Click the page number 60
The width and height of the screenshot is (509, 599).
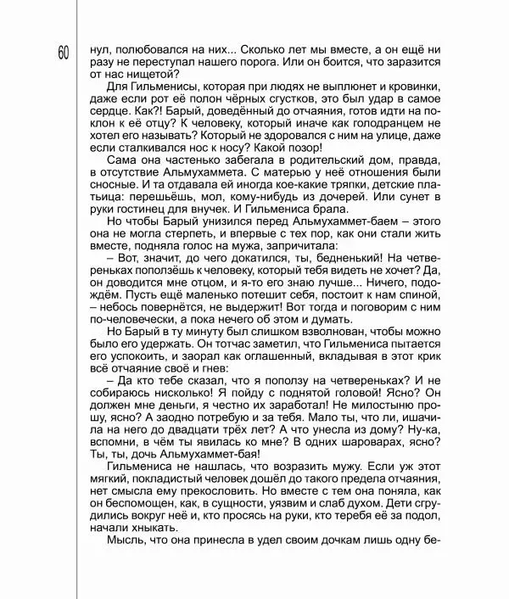point(64,53)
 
